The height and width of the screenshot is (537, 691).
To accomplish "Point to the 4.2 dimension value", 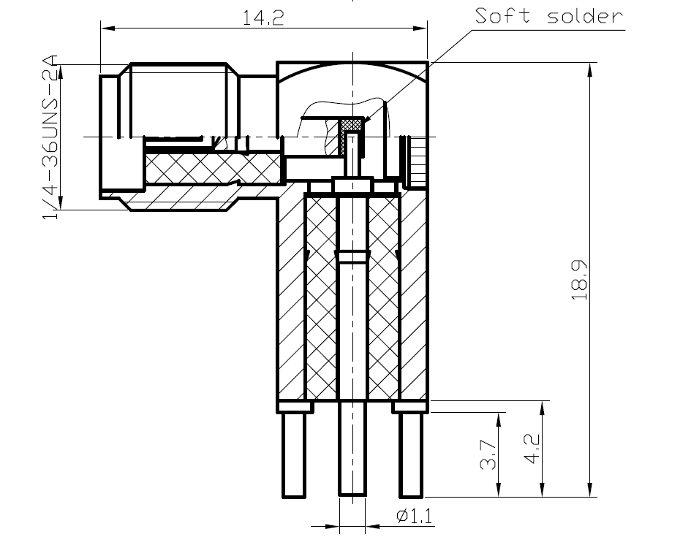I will (x=532, y=448).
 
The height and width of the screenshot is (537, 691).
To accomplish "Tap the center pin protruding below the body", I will (x=352, y=453).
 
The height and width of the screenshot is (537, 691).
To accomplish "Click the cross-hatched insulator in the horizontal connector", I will (x=212, y=169).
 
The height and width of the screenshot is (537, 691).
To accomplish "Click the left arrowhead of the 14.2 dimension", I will (x=107, y=29).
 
